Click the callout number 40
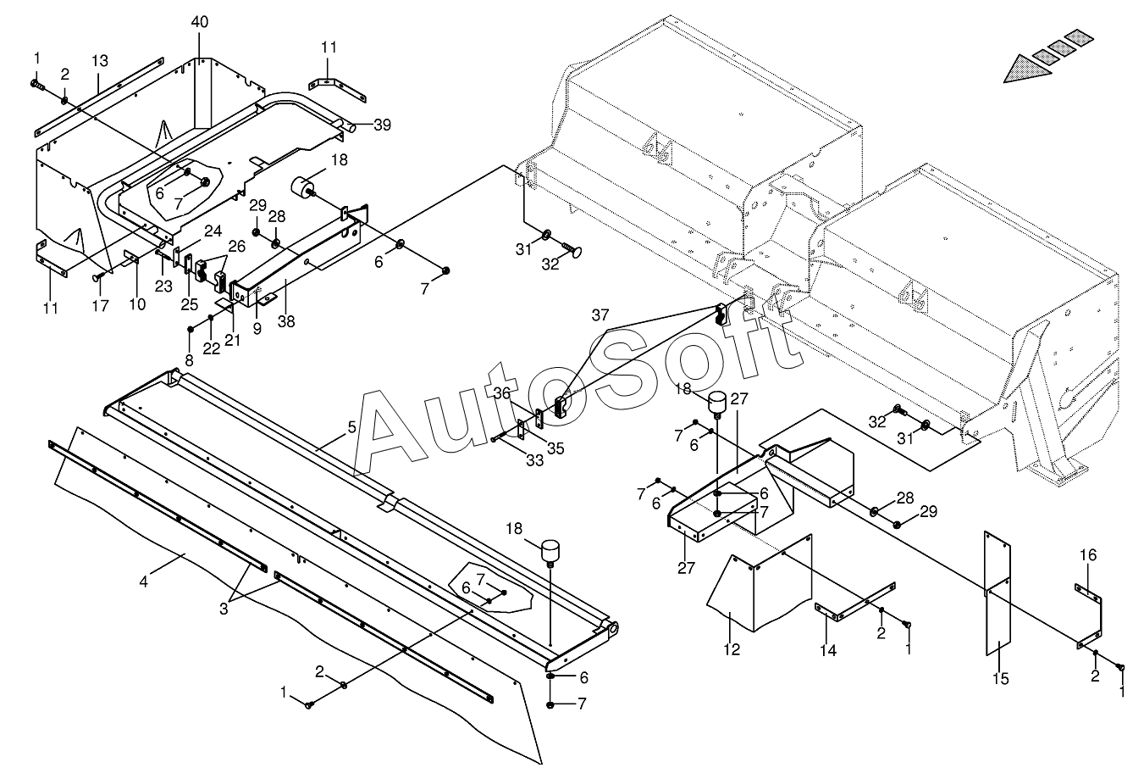coord(199,22)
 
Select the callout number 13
coord(100,61)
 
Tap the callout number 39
coord(382,125)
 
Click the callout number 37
coord(600,316)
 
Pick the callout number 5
coord(352,427)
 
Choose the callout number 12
coord(732,650)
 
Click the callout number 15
coord(1001,679)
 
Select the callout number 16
coord(1088,555)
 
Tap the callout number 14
coord(827,651)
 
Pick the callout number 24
coord(213,231)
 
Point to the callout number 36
coord(502,393)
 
